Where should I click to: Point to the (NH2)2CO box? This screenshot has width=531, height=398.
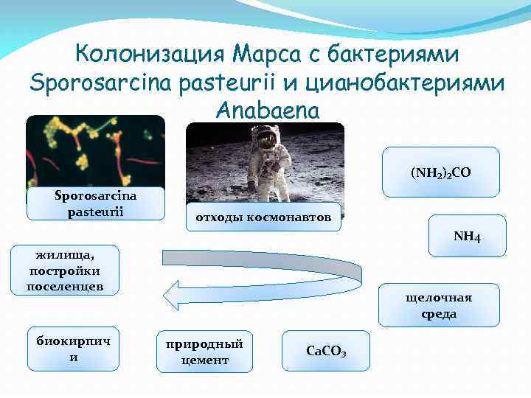[x=440, y=172]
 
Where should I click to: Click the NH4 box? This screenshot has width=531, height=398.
[x=466, y=236]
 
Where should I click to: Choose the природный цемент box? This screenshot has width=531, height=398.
[x=204, y=351]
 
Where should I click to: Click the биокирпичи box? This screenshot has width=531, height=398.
[x=73, y=348]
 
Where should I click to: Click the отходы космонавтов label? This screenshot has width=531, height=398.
[x=263, y=217]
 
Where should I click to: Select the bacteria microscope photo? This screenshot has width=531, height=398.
[x=95, y=151]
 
